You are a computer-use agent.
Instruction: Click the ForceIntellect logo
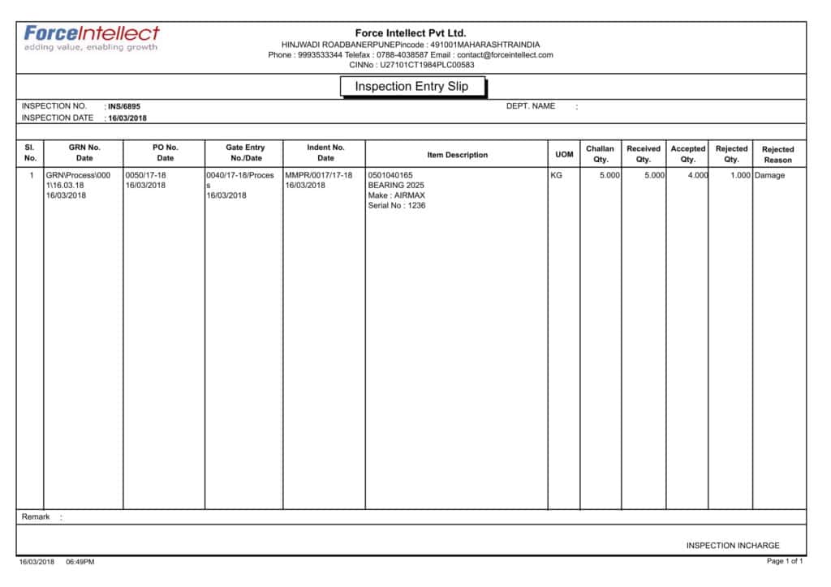coord(91,37)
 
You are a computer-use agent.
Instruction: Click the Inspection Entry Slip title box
coord(411,87)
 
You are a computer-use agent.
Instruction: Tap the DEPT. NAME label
coord(531,106)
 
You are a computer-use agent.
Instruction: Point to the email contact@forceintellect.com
coord(505,55)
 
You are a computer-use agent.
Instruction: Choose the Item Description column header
coord(457,155)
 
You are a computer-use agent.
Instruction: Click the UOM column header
coord(564,155)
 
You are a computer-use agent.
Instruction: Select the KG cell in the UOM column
coord(556,175)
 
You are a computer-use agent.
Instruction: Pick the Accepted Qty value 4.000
coord(696,175)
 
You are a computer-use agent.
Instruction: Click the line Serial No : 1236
coord(397,206)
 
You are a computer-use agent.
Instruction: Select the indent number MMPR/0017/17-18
coord(319,175)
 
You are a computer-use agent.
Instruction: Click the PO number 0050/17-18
coord(146,175)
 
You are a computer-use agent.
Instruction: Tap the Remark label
coord(36,516)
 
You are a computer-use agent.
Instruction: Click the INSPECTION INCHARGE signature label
coord(732,546)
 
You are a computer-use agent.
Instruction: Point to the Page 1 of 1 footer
coord(785,561)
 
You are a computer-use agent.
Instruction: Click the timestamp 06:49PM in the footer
coord(80,562)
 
